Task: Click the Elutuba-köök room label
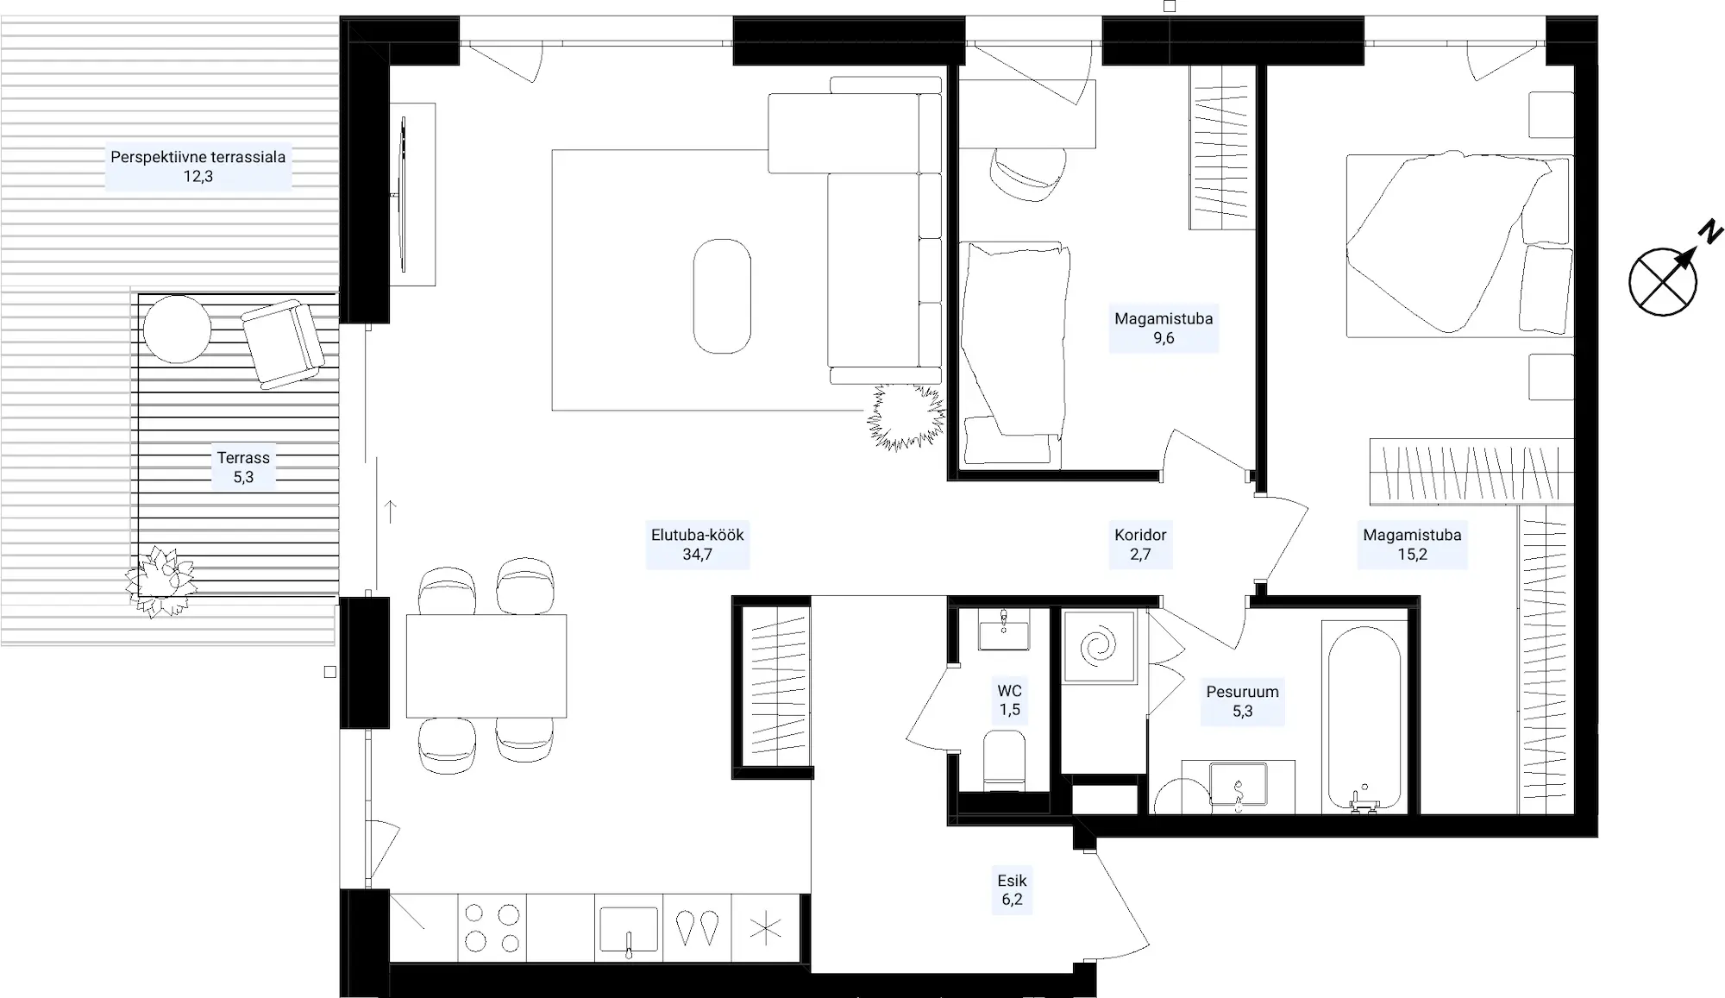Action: pyautogui.click(x=697, y=544)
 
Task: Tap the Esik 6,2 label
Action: pyautogui.click(x=1011, y=890)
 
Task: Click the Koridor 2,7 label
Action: pyautogui.click(x=1140, y=544)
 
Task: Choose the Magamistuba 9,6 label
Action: pyautogui.click(x=1164, y=328)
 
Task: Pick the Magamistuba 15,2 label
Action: pyautogui.click(x=1412, y=544)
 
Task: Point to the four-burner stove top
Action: pyautogui.click(x=492, y=927)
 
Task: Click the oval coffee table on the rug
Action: pyautogui.click(x=722, y=296)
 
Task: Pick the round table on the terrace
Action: pyautogui.click(x=177, y=329)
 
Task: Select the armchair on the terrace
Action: pyautogui.click(x=283, y=342)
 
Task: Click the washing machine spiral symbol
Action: pyautogui.click(x=1098, y=647)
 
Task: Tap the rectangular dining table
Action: pyautogui.click(x=486, y=665)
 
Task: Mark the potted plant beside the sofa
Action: pyautogui.click(x=906, y=417)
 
